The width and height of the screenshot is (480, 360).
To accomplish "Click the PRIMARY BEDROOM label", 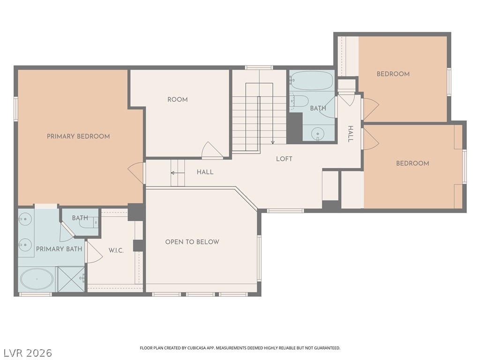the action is (x=78, y=136).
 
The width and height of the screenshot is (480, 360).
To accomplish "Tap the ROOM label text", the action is (x=178, y=99).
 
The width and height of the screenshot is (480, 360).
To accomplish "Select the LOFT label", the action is (x=284, y=159).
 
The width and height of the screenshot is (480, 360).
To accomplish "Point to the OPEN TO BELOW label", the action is (x=192, y=242).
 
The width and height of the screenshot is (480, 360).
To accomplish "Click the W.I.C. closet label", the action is (x=116, y=250).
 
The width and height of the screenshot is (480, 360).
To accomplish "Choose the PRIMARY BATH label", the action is (x=59, y=249).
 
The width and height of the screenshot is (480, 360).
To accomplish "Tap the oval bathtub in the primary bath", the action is (x=37, y=279).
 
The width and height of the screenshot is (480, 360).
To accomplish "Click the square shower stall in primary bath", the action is (x=71, y=279).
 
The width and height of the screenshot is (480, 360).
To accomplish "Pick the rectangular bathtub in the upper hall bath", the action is (x=311, y=81).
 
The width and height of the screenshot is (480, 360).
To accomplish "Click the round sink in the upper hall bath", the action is (x=318, y=134).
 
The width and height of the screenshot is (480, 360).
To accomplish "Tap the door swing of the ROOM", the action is (x=212, y=150).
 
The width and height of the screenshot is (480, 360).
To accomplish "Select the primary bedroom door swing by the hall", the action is (x=135, y=173).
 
